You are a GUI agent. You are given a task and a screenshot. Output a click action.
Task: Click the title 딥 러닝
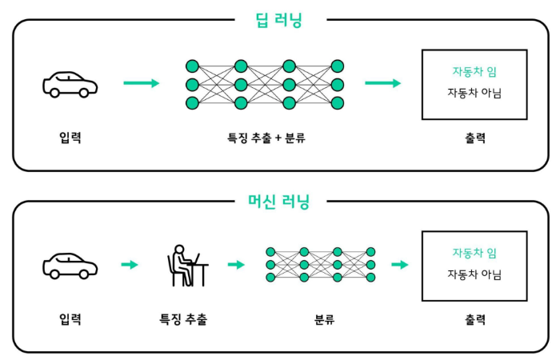280,20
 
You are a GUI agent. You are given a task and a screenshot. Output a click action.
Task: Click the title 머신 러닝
279,202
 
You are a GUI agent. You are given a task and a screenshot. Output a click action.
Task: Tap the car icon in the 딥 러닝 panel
70,84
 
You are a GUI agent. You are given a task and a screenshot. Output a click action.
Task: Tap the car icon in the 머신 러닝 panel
70,265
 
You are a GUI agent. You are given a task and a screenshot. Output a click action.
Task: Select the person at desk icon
187,266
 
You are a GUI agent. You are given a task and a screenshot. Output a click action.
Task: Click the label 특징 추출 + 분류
266,138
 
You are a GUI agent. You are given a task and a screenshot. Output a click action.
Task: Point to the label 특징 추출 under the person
183,319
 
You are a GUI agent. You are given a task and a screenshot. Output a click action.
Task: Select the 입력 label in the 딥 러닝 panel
70,138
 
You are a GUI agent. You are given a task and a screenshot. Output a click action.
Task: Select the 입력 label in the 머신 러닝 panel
70,319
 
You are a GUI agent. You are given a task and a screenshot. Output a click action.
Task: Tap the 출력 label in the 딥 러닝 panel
474,138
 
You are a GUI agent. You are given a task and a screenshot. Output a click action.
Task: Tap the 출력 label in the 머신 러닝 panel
474,319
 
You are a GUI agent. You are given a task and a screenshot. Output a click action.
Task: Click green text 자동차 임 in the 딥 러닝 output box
474,72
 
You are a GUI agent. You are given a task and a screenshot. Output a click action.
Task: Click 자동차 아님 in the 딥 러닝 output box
474,93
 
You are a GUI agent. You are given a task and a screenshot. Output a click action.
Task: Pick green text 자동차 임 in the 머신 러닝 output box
474,253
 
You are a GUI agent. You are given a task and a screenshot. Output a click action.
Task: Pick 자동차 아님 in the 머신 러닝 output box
474,274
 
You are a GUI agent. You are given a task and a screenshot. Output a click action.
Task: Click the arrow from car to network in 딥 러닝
142,83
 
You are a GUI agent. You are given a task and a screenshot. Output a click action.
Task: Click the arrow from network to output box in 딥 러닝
383,83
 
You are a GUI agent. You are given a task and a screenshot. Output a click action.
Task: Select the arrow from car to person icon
130,265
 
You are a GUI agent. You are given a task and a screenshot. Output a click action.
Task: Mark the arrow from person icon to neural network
236,265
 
